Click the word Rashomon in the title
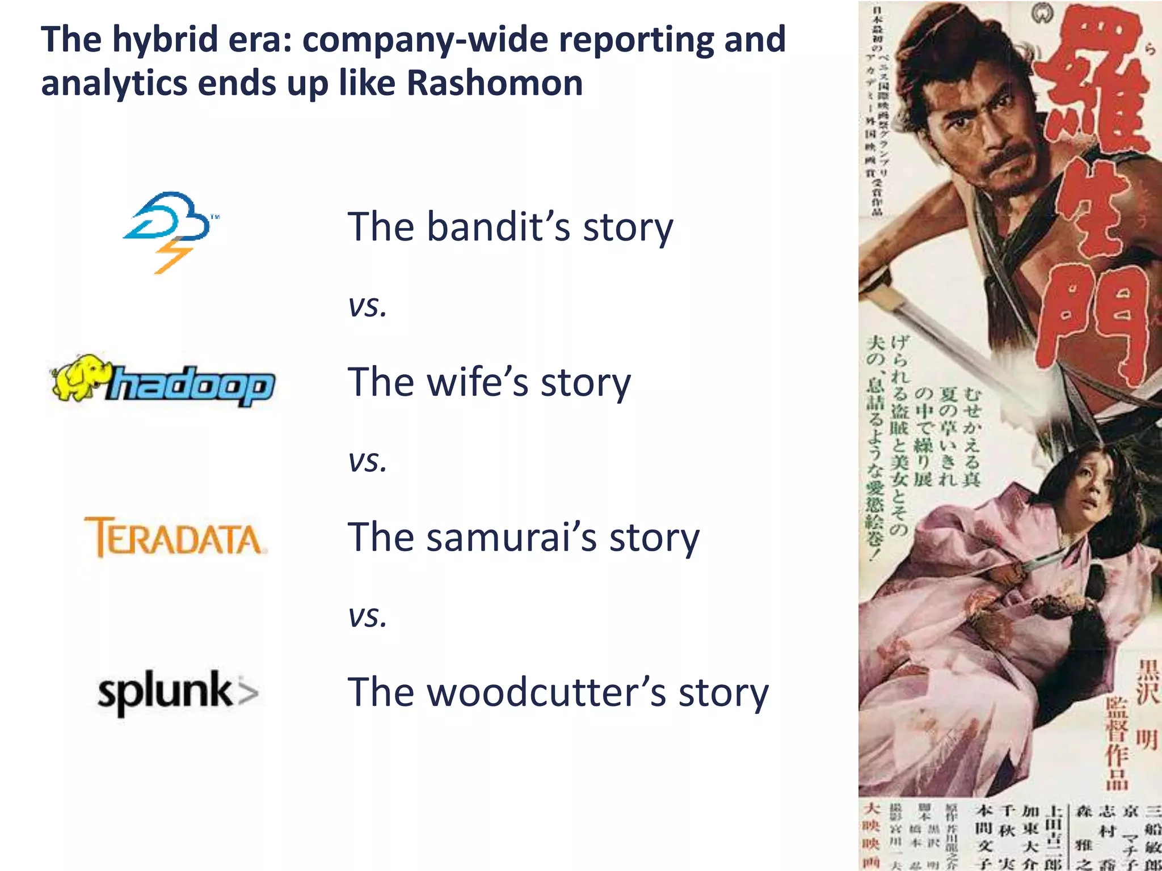tap(495, 83)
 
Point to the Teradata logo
tap(175, 537)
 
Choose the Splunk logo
tap(178, 692)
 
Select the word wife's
tap(478, 382)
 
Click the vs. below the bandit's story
tap(368, 307)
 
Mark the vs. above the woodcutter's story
tap(368, 616)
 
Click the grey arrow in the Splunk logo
tap(247, 692)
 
